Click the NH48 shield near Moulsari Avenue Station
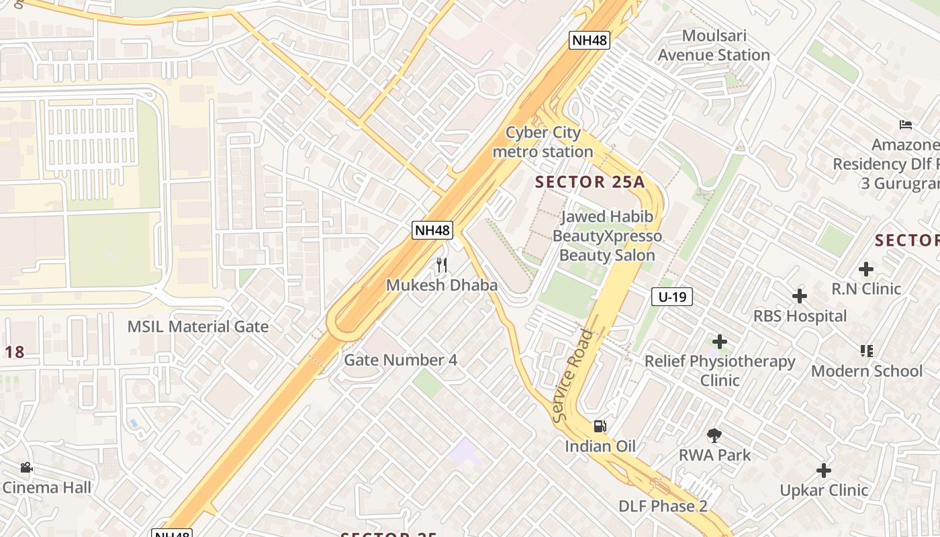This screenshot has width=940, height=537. (590, 40)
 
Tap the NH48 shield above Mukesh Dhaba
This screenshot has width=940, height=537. (432, 230)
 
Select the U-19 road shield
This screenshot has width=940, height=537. (671, 297)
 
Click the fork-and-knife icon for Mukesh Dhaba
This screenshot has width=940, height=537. (441, 265)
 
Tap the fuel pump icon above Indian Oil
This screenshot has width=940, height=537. (600, 426)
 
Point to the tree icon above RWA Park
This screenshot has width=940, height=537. (714, 435)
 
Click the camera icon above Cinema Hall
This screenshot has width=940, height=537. (26, 467)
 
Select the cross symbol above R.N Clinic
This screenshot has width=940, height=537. (866, 269)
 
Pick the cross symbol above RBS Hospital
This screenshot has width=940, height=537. (799, 296)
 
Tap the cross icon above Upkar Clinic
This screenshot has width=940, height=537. (824, 471)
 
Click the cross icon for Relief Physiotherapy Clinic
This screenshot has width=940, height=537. (720, 342)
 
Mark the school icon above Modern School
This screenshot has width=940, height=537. (866, 350)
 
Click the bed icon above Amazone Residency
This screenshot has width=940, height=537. (906, 125)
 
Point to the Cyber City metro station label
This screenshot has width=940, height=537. (543, 142)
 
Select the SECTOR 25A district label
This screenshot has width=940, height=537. (590, 182)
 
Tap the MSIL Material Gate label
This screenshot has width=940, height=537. (198, 327)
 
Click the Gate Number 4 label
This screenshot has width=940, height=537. (400, 360)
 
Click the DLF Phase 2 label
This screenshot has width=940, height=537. (663, 506)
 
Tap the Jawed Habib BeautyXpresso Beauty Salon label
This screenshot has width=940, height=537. (607, 236)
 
